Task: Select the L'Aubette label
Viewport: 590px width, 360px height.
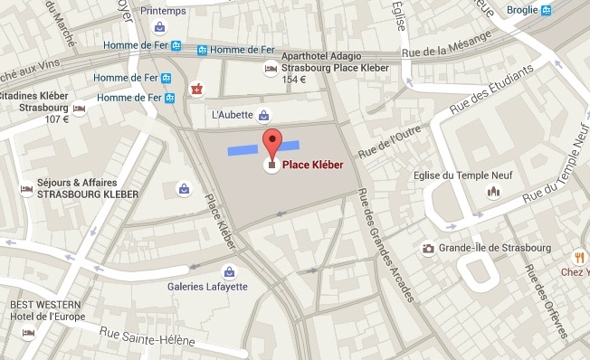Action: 232,115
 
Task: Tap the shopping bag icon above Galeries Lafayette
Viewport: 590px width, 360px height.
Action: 230,270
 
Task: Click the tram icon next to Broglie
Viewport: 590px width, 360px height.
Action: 547,11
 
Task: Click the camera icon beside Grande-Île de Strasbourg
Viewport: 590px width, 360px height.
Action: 429,248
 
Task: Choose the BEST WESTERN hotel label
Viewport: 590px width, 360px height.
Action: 41,306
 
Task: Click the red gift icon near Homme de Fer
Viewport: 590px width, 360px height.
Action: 196,88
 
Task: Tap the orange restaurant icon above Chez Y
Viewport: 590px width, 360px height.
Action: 577,256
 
